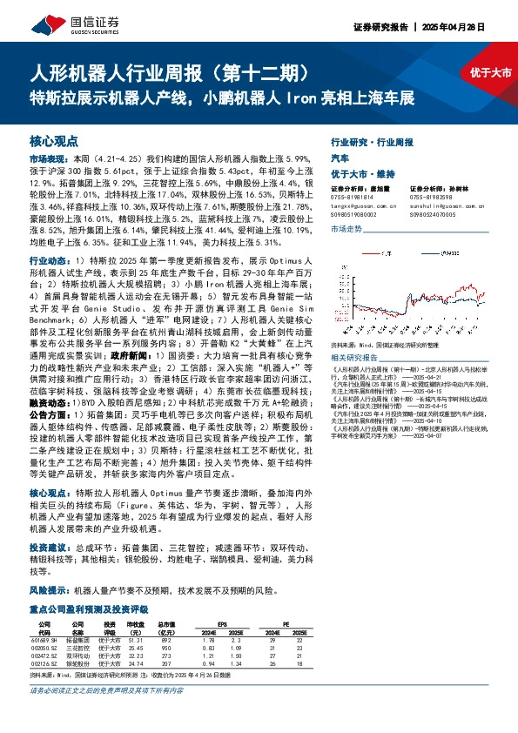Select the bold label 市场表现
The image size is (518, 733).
point(48,160)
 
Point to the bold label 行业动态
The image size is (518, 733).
point(48,260)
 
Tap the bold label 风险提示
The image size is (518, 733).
point(48,589)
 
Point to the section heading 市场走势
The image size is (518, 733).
point(346,228)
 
